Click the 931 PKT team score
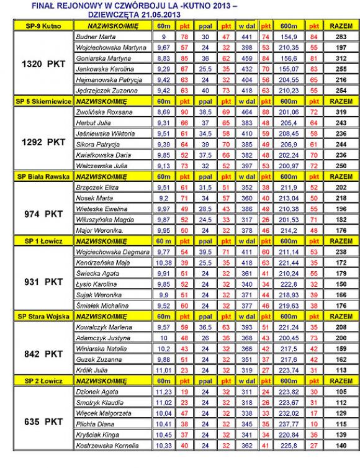click(40, 281)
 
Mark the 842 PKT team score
click(40, 354)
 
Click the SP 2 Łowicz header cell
click(38, 380)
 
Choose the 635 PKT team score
click(40, 421)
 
